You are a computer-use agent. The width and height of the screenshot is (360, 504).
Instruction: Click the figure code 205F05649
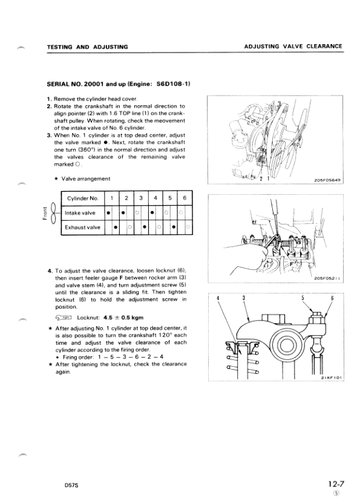click(328, 180)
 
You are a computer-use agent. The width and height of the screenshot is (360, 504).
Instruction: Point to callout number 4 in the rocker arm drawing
click(217, 298)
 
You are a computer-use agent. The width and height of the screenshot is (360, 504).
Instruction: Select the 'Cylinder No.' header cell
click(80, 198)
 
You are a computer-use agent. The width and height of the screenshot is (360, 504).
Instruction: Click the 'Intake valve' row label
click(80, 213)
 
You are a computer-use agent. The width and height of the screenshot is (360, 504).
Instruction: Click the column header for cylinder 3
click(140, 198)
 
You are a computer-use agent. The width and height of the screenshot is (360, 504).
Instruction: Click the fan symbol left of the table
click(53, 213)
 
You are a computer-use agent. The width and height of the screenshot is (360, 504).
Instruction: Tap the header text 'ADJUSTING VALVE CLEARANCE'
click(293, 47)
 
